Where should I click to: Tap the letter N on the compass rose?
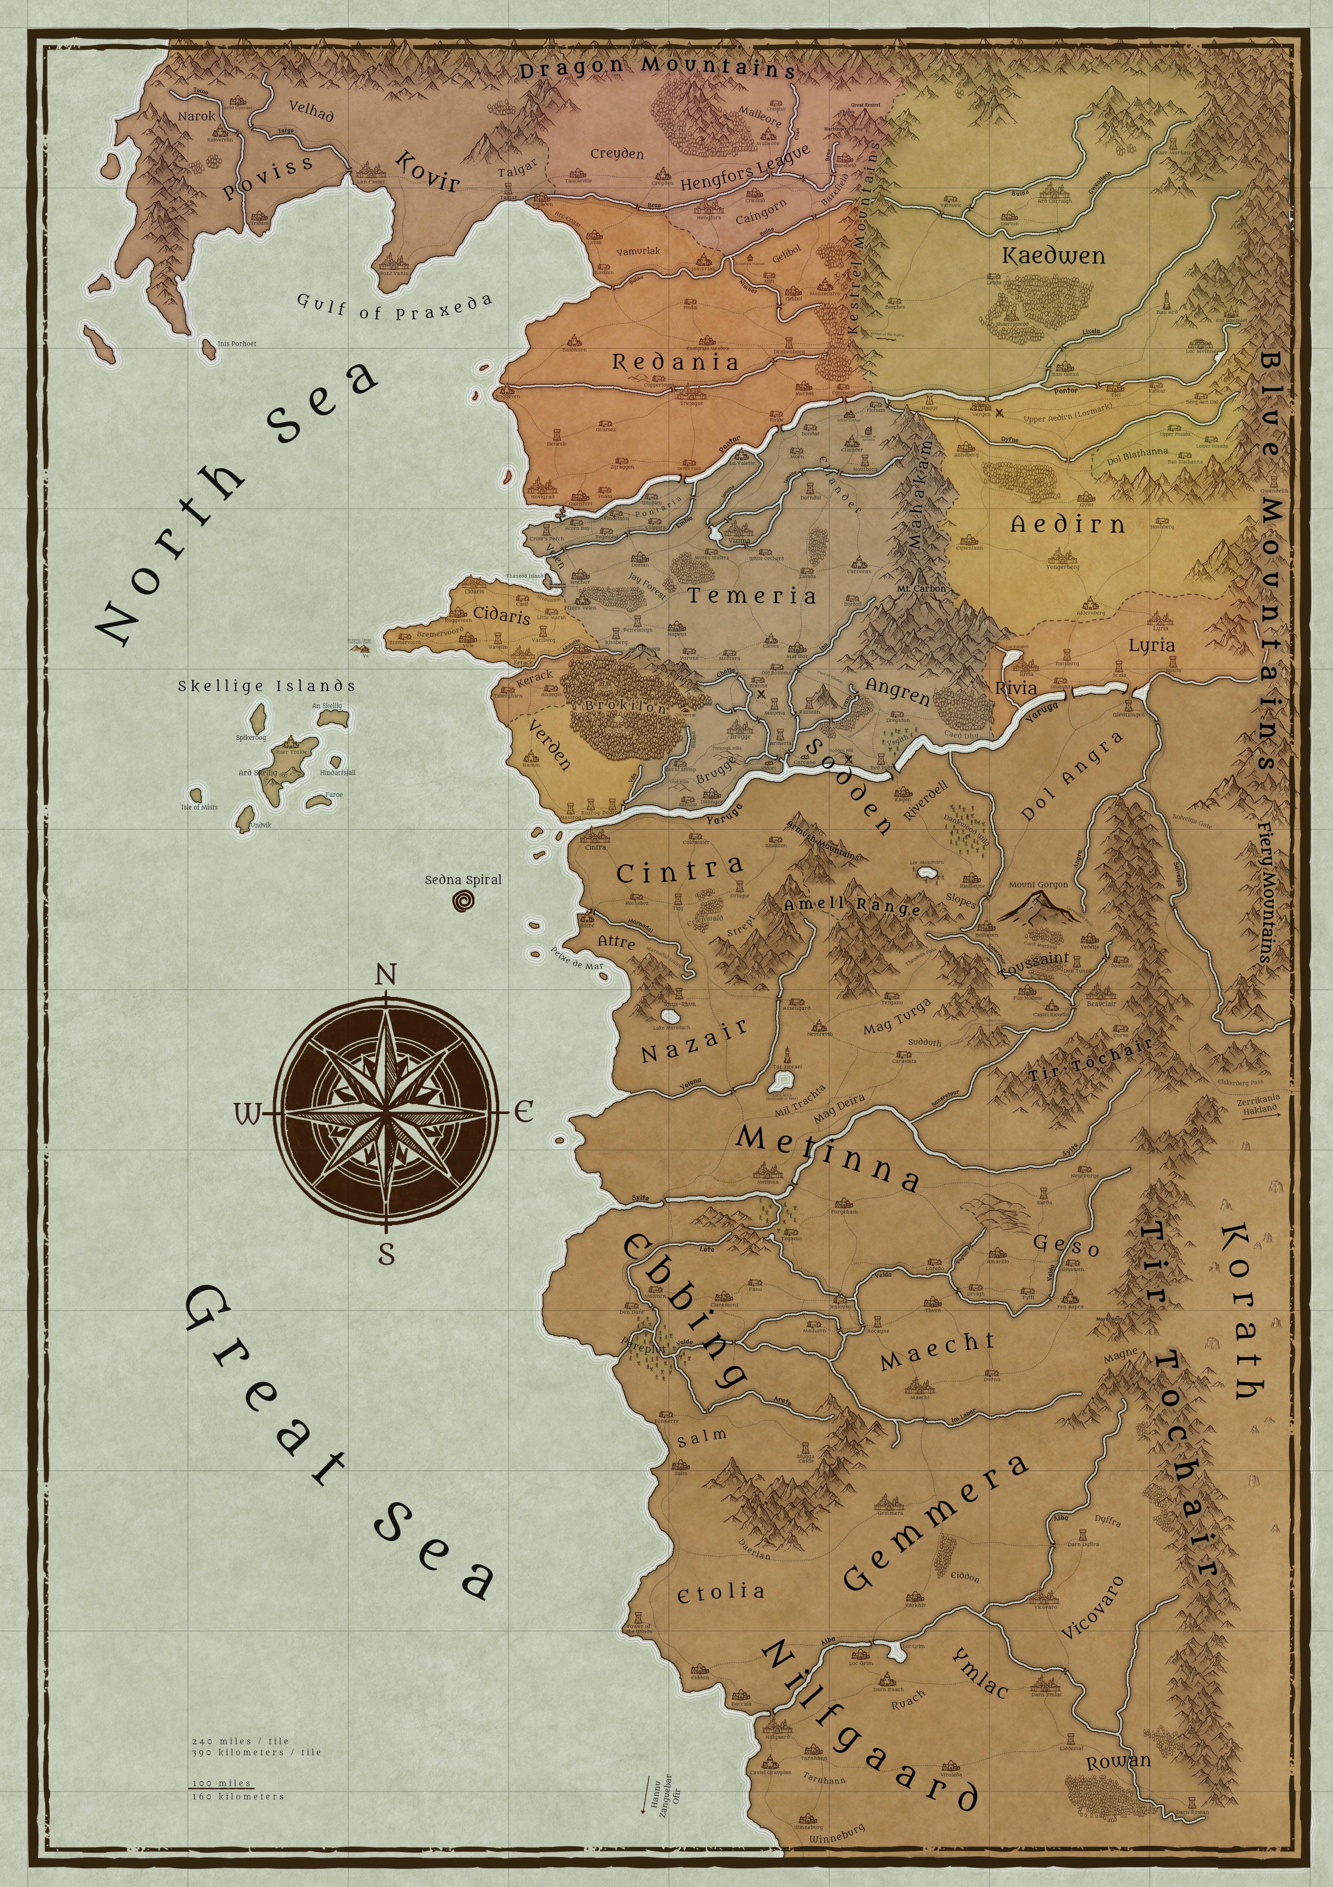386,976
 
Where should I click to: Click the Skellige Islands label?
266,686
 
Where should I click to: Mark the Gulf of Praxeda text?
394,306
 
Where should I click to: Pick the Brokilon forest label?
626,706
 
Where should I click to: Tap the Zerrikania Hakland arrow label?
1258,1103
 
